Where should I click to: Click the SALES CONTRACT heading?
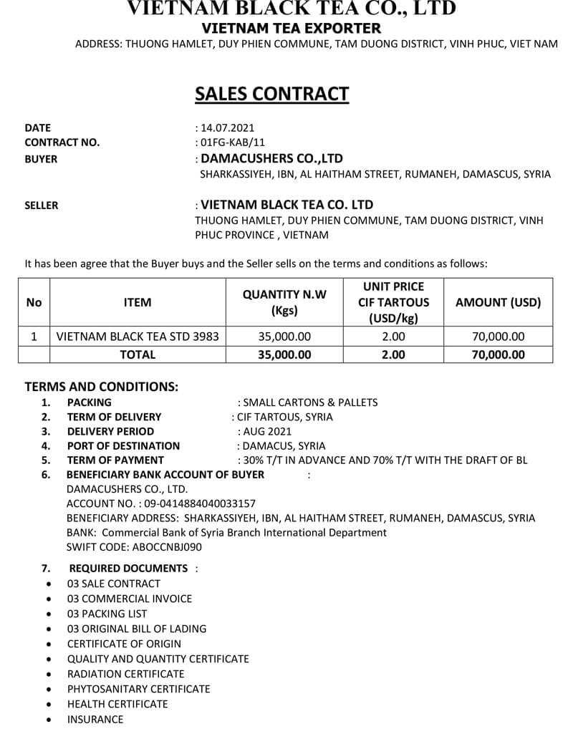[271, 95]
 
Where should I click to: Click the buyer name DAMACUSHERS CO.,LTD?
[272, 158]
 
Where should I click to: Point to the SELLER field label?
[42, 205]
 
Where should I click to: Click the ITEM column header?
[138, 302]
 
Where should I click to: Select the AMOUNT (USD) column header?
[498, 302]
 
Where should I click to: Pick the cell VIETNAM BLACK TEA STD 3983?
[138, 337]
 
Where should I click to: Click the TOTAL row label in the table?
[138, 354]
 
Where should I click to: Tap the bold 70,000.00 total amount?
[498, 354]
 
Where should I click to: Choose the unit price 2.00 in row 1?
[393, 337]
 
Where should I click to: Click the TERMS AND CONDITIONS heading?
[101, 387]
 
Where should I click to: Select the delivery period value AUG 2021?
[267, 431]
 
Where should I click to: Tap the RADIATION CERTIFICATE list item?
[125, 674]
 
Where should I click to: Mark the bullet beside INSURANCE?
[48, 720]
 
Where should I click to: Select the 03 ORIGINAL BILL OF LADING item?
[136, 629]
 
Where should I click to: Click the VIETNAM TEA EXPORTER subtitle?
[292, 29]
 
